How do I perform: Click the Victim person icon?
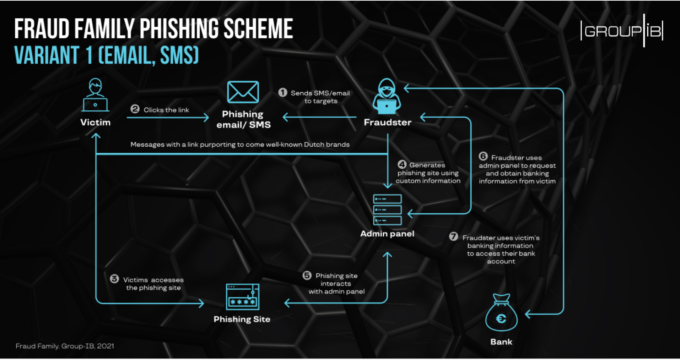(x=95, y=95)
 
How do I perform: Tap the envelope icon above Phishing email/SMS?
(x=243, y=92)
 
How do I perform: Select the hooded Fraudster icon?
(x=387, y=96)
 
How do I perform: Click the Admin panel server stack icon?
(x=387, y=209)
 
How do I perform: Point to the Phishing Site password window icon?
(x=243, y=297)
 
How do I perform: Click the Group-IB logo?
(x=622, y=31)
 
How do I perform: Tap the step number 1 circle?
(x=283, y=93)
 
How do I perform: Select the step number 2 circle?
(x=135, y=109)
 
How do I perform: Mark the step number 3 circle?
(x=114, y=279)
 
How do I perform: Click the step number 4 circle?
(x=402, y=164)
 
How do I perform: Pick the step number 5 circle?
(x=307, y=275)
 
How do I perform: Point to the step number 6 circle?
(x=483, y=156)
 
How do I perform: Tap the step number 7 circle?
(x=453, y=236)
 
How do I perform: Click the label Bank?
(x=501, y=342)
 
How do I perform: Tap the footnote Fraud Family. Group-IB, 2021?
(x=65, y=346)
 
